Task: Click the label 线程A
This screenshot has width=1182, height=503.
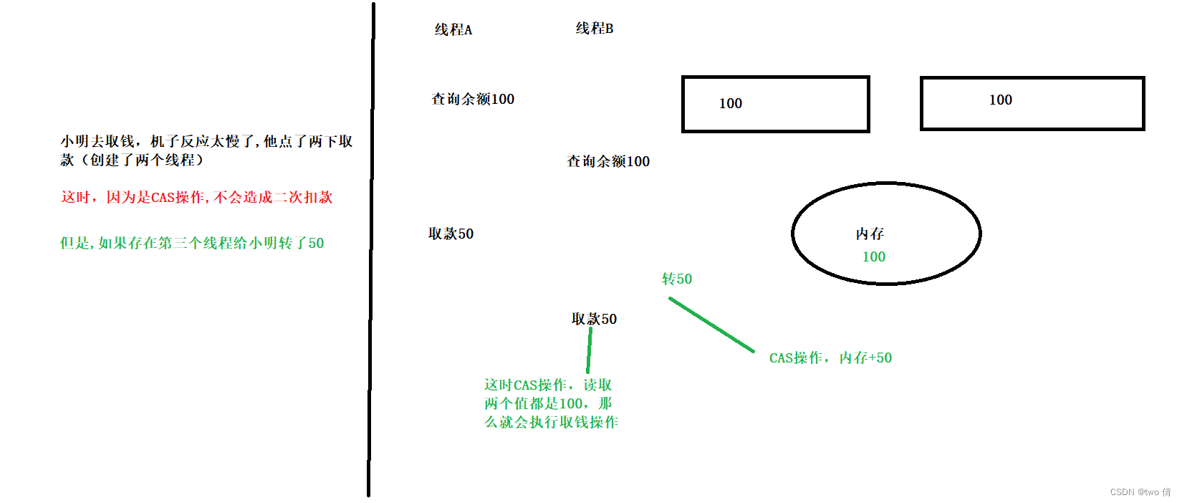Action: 453,29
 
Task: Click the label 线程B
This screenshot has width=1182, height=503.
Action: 594,29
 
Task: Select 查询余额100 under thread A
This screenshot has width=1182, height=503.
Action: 472,99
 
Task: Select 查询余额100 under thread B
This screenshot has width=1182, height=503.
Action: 607,161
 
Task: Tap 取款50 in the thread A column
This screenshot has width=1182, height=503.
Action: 451,234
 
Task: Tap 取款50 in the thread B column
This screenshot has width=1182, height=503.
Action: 594,319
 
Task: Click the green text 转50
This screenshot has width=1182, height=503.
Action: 676,279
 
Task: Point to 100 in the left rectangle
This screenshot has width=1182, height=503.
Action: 730,103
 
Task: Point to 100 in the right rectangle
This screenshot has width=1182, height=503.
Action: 1000,100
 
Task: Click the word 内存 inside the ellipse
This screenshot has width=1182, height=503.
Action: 870,234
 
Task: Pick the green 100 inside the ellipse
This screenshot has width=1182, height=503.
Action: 873,257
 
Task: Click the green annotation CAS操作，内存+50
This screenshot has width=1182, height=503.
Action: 830,358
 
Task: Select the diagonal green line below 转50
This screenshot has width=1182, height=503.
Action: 711,325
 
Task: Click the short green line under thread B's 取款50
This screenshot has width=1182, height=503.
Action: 589,351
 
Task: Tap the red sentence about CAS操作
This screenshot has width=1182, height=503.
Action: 197,197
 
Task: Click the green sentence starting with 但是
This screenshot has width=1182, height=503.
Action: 192,243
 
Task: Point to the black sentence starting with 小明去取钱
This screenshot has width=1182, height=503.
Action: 206,150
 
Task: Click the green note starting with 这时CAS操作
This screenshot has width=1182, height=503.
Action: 550,403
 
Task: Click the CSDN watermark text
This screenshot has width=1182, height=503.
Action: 1140,492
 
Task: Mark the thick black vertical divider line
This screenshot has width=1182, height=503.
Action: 371,251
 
